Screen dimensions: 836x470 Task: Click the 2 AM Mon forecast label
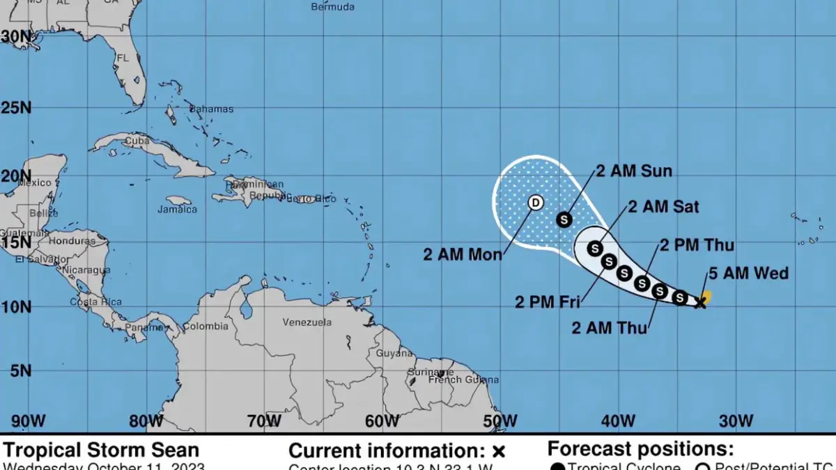point(463,255)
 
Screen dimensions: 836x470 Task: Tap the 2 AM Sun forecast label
point(633,171)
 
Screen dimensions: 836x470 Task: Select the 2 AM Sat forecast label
point(663,207)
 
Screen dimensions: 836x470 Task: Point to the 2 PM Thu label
point(696,245)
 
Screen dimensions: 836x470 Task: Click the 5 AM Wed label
point(748,273)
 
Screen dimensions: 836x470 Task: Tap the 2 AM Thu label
point(610,327)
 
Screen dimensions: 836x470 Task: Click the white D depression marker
point(535,203)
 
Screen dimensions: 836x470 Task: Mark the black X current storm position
point(701,303)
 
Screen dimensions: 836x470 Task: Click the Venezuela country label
point(307,322)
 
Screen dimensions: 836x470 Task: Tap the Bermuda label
point(332,7)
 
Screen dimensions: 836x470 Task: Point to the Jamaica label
point(177,209)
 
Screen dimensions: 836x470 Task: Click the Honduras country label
point(72,241)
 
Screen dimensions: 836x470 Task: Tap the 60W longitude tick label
point(382,421)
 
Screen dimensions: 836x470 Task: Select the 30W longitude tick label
point(736,421)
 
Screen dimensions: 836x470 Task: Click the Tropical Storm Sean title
point(102,450)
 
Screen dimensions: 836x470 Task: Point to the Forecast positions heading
point(640,449)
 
